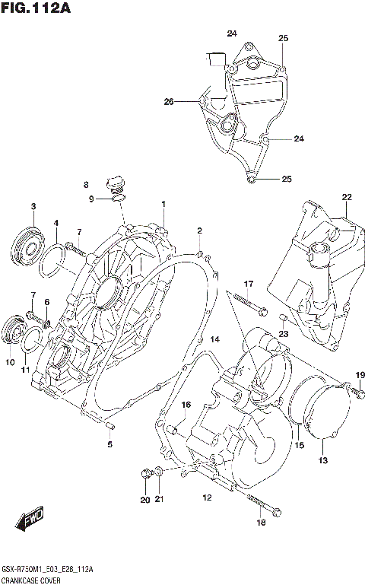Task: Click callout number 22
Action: (x=346, y=198)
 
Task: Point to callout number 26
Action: (x=169, y=101)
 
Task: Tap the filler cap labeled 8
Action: (x=116, y=183)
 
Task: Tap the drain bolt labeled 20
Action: (x=145, y=475)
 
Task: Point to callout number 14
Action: (x=214, y=339)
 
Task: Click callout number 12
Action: (x=206, y=498)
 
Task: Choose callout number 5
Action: (x=109, y=444)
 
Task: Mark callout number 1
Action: (x=163, y=204)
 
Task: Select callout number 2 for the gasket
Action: (x=199, y=231)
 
